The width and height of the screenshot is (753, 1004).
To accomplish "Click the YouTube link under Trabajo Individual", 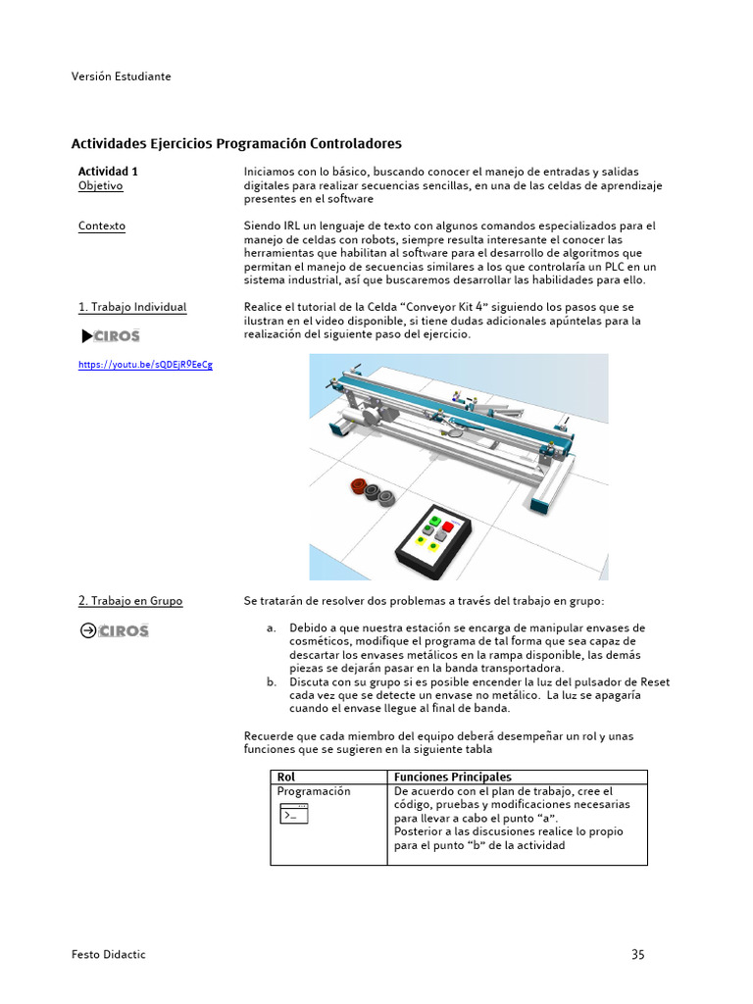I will click(x=145, y=365).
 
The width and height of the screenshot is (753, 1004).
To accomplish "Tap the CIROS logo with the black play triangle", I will click(x=111, y=336).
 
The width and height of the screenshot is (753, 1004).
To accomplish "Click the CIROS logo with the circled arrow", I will click(x=114, y=630).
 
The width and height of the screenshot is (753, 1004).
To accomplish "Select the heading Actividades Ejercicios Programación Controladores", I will click(x=236, y=143).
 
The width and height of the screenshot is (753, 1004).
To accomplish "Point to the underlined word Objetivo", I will click(x=100, y=185).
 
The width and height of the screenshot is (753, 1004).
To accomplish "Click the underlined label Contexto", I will click(x=102, y=226).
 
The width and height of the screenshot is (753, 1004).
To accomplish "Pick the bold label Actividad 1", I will click(x=108, y=171).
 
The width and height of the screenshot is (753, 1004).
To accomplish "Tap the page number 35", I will click(x=638, y=954).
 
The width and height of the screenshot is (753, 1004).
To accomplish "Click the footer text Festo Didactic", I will click(x=109, y=955).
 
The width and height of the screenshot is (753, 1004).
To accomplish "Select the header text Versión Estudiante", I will click(x=121, y=75).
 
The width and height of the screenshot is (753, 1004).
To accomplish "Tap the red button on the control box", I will click(x=447, y=527).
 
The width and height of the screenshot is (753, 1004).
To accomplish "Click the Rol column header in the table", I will click(x=286, y=778).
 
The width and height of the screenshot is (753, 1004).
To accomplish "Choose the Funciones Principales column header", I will click(x=452, y=778).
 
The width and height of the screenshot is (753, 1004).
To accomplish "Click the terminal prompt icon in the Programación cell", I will click(x=294, y=813).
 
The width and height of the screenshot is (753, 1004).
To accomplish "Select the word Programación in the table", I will click(x=313, y=791).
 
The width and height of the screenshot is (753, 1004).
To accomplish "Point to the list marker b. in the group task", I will click(x=272, y=681).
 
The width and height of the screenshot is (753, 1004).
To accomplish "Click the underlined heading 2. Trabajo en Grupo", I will click(x=130, y=601).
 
